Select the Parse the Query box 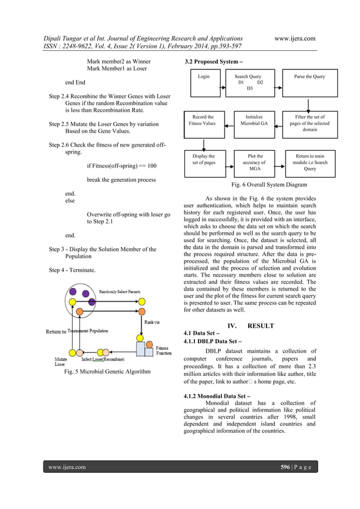tap(310, 82)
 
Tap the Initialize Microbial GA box tap(254, 124)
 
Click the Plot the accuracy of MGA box tap(254, 163)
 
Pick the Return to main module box tap(310, 163)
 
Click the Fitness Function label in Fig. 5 tap(164, 351)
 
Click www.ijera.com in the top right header tap(294, 38)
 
